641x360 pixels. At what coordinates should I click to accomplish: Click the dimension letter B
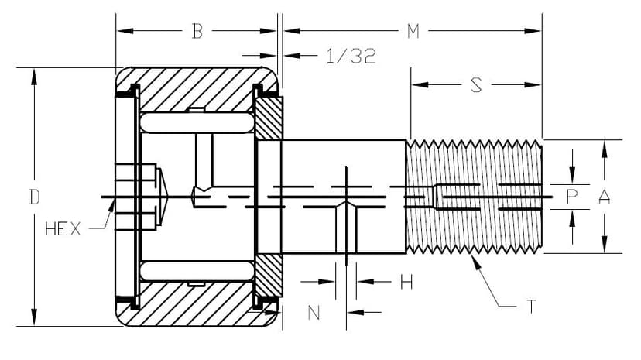(x=197, y=32)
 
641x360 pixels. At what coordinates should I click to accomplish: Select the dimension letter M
(x=413, y=32)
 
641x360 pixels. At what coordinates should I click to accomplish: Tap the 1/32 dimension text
(x=351, y=57)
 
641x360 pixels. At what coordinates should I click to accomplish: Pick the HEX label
(x=63, y=230)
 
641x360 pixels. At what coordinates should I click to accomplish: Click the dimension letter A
(x=605, y=198)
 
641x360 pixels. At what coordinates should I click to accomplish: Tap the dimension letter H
(x=406, y=283)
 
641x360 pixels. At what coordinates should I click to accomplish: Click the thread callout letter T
(x=531, y=307)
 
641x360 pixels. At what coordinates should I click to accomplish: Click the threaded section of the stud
(x=474, y=197)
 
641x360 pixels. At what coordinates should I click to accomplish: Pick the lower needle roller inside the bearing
(x=197, y=272)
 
